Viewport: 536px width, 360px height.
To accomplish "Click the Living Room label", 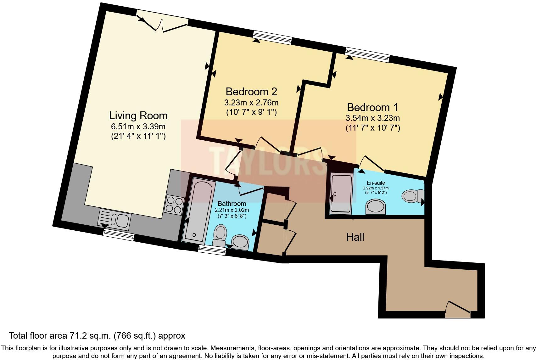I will click(138, 115).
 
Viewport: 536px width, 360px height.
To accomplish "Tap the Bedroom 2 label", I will click(251, 92).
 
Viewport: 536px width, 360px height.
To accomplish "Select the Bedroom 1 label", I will click(372, 107).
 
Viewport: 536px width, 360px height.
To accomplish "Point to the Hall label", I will click(355, 237).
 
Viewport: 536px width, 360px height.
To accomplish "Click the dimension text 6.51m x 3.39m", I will click(138, 127).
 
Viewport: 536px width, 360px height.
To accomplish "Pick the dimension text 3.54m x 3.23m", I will click(372, 118).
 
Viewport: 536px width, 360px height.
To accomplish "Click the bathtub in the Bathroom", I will click(199, 211).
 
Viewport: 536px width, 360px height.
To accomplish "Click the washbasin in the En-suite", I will click(376, 207).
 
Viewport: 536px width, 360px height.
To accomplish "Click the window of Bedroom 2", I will click(272, 37).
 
